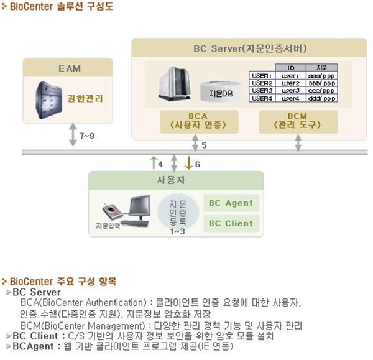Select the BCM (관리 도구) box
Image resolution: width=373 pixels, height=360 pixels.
pos(298,121)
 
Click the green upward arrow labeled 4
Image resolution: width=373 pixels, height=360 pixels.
pos(154,164)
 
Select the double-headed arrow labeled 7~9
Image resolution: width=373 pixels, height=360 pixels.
pos(72,135)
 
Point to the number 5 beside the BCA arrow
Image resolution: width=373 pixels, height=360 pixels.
pos(204,146)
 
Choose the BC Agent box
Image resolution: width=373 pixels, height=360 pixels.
pos(231,203)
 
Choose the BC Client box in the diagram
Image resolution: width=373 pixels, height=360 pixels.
pos(231,223)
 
